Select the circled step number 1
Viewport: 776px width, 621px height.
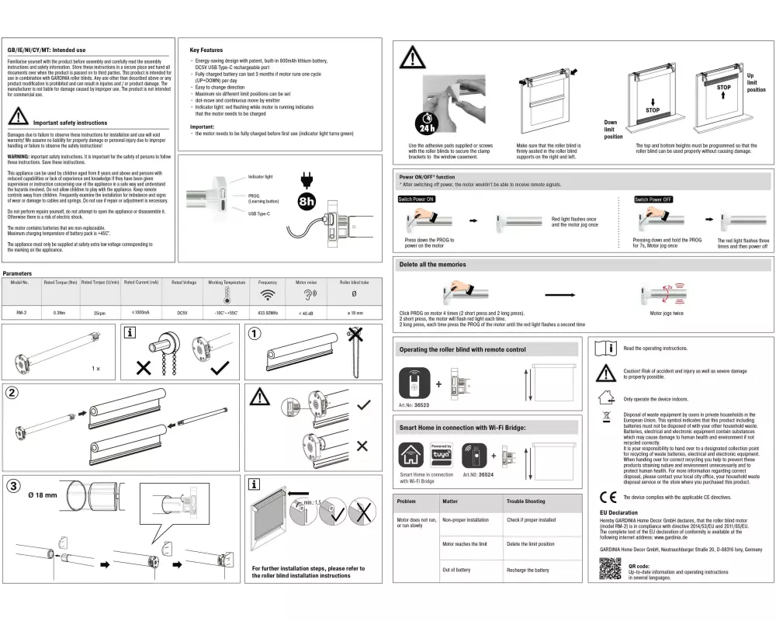[x=254, y=335]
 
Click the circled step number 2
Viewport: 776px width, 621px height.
[x=13, y=392]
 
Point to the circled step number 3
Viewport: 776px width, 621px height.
[x=13, y=487]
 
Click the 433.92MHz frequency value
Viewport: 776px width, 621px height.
[x=268, y=313]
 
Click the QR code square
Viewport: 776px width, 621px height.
[x=611, y=571]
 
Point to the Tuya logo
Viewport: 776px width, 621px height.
[x=441, y=453]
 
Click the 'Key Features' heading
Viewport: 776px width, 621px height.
[x=206, y=50]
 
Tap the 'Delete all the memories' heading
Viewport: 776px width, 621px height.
[x=432, y=265]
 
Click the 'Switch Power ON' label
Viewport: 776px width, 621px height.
[x=417, y=199]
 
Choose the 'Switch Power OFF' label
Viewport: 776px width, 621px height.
[x=653, y=199]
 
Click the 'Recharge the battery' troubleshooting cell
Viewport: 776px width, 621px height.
[x=527, y=570]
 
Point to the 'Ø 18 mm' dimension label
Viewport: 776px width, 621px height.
[x=43, y=494]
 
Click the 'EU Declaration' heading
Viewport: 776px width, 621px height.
[x=619, y=512]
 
